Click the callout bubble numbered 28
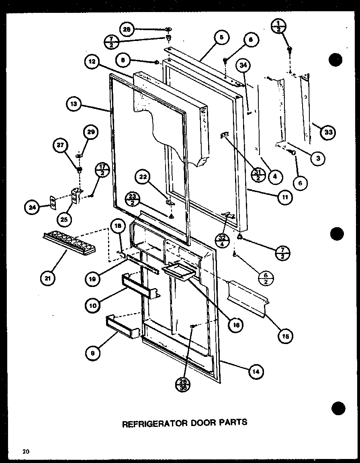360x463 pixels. pos(127,29)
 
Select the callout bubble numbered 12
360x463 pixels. pos(92,62)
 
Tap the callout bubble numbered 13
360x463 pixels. pos(74,105)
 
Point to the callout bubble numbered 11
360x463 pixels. pos(285,197)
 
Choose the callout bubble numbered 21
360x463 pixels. pos(48,279)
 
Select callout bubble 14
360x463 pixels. pos(256,372)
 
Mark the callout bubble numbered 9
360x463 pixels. pos(93,353)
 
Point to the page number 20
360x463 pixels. pos(26,451)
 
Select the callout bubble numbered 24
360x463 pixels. pos(31,208)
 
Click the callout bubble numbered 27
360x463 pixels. pos(61,146)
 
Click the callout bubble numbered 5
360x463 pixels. pos(221,39)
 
